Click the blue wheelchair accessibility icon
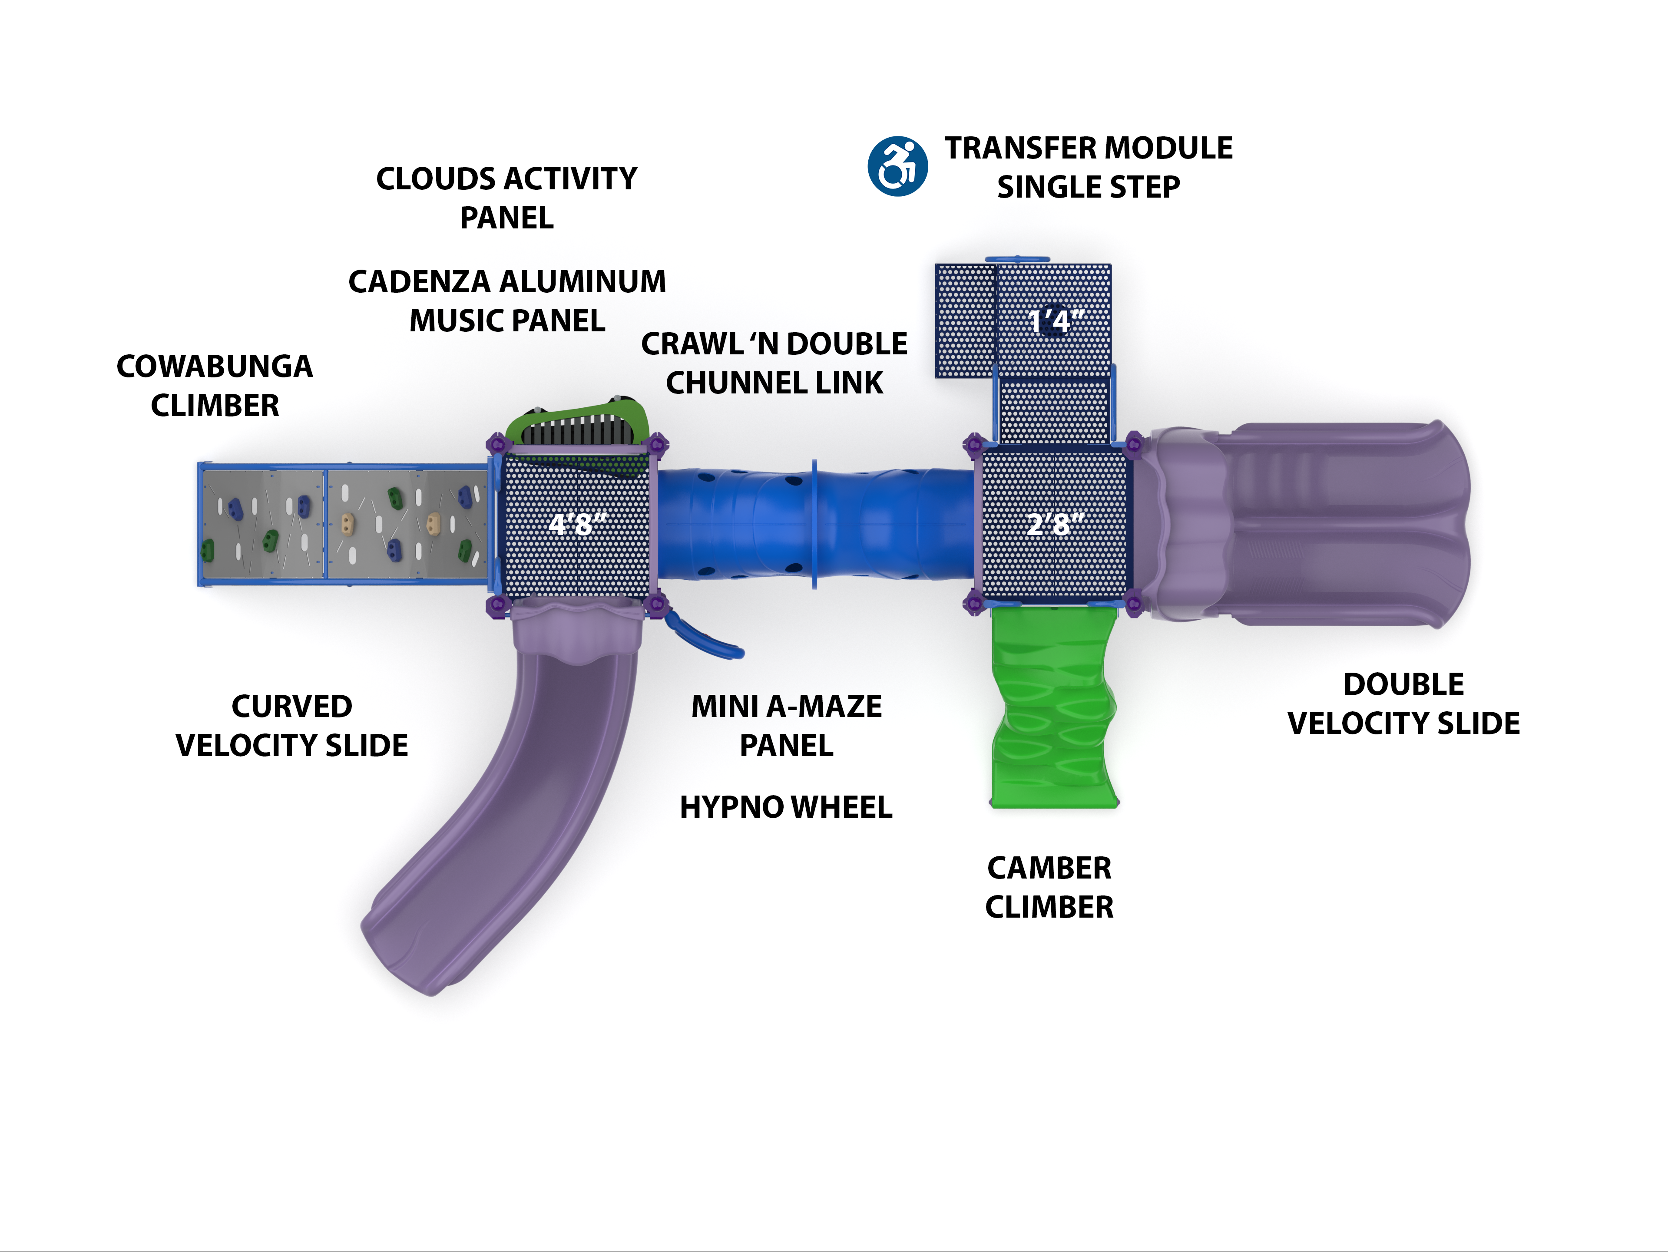pyautogui.click(x=897, y=167)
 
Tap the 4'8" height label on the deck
pyautogui.click(x=577, y=524)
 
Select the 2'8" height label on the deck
pyautogui.click(x=1056, y=523)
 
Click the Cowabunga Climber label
pyautogui.click(x=215, y=386)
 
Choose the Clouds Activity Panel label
pyautogui.click(x=507, y=198)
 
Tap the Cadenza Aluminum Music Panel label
pyautogui.click(x=507, y=301)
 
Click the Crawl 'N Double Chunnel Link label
pyautogui.click(x=774, y=363)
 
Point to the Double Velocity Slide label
pyautogui.click(x=1403, y=703)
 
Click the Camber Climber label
pyautogui.click(x=1049, y=887)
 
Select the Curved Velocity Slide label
pyautogui.click(x=292, y=726)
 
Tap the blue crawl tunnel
pyautogui.click(x=814, y=524)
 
